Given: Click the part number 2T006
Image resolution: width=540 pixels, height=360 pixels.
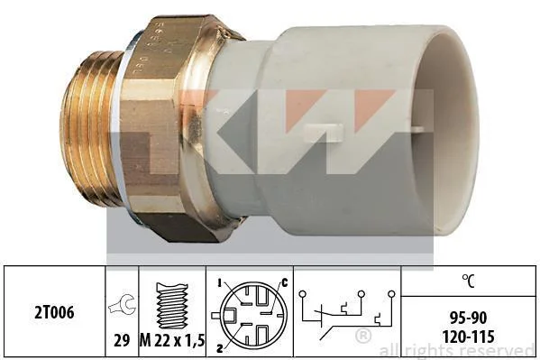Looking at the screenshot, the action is click(x=54, y=312).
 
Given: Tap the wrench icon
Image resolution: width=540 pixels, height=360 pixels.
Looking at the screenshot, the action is click(x=122, y=304).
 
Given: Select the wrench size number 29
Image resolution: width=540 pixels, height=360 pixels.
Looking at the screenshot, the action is click(x=122, y=340).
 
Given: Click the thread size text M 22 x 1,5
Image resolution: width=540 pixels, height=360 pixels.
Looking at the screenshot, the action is click(x=172, y=341).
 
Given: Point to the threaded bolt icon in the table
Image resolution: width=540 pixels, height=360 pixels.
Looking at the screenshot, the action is click(x=172, y=306).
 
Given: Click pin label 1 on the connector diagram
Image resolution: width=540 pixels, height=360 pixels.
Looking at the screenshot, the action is click(x=219, y=283).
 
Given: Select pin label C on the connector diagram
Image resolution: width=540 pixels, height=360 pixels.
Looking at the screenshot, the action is click(x=285, y=283).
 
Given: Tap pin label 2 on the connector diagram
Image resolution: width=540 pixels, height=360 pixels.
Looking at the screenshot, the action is click(x=219, y=348).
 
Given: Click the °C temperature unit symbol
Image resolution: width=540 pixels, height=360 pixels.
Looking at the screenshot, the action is click(x=469, y=281).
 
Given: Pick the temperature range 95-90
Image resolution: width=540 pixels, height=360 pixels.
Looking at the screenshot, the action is click(x=469, y=318).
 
